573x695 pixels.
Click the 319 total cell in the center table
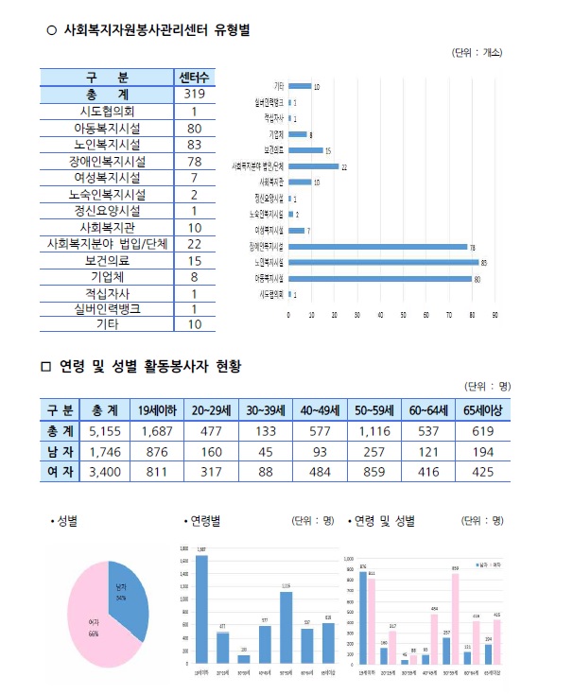(193, 95)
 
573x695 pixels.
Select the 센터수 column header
(193, 77)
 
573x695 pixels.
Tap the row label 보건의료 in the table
(106, 260)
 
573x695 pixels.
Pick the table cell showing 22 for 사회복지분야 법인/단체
(193, 243)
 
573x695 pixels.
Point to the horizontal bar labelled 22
(313, 165)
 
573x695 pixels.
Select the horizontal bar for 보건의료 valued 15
(304, 150)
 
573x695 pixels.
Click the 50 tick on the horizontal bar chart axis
(404, 315)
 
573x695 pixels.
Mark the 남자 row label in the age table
(60, 451)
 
